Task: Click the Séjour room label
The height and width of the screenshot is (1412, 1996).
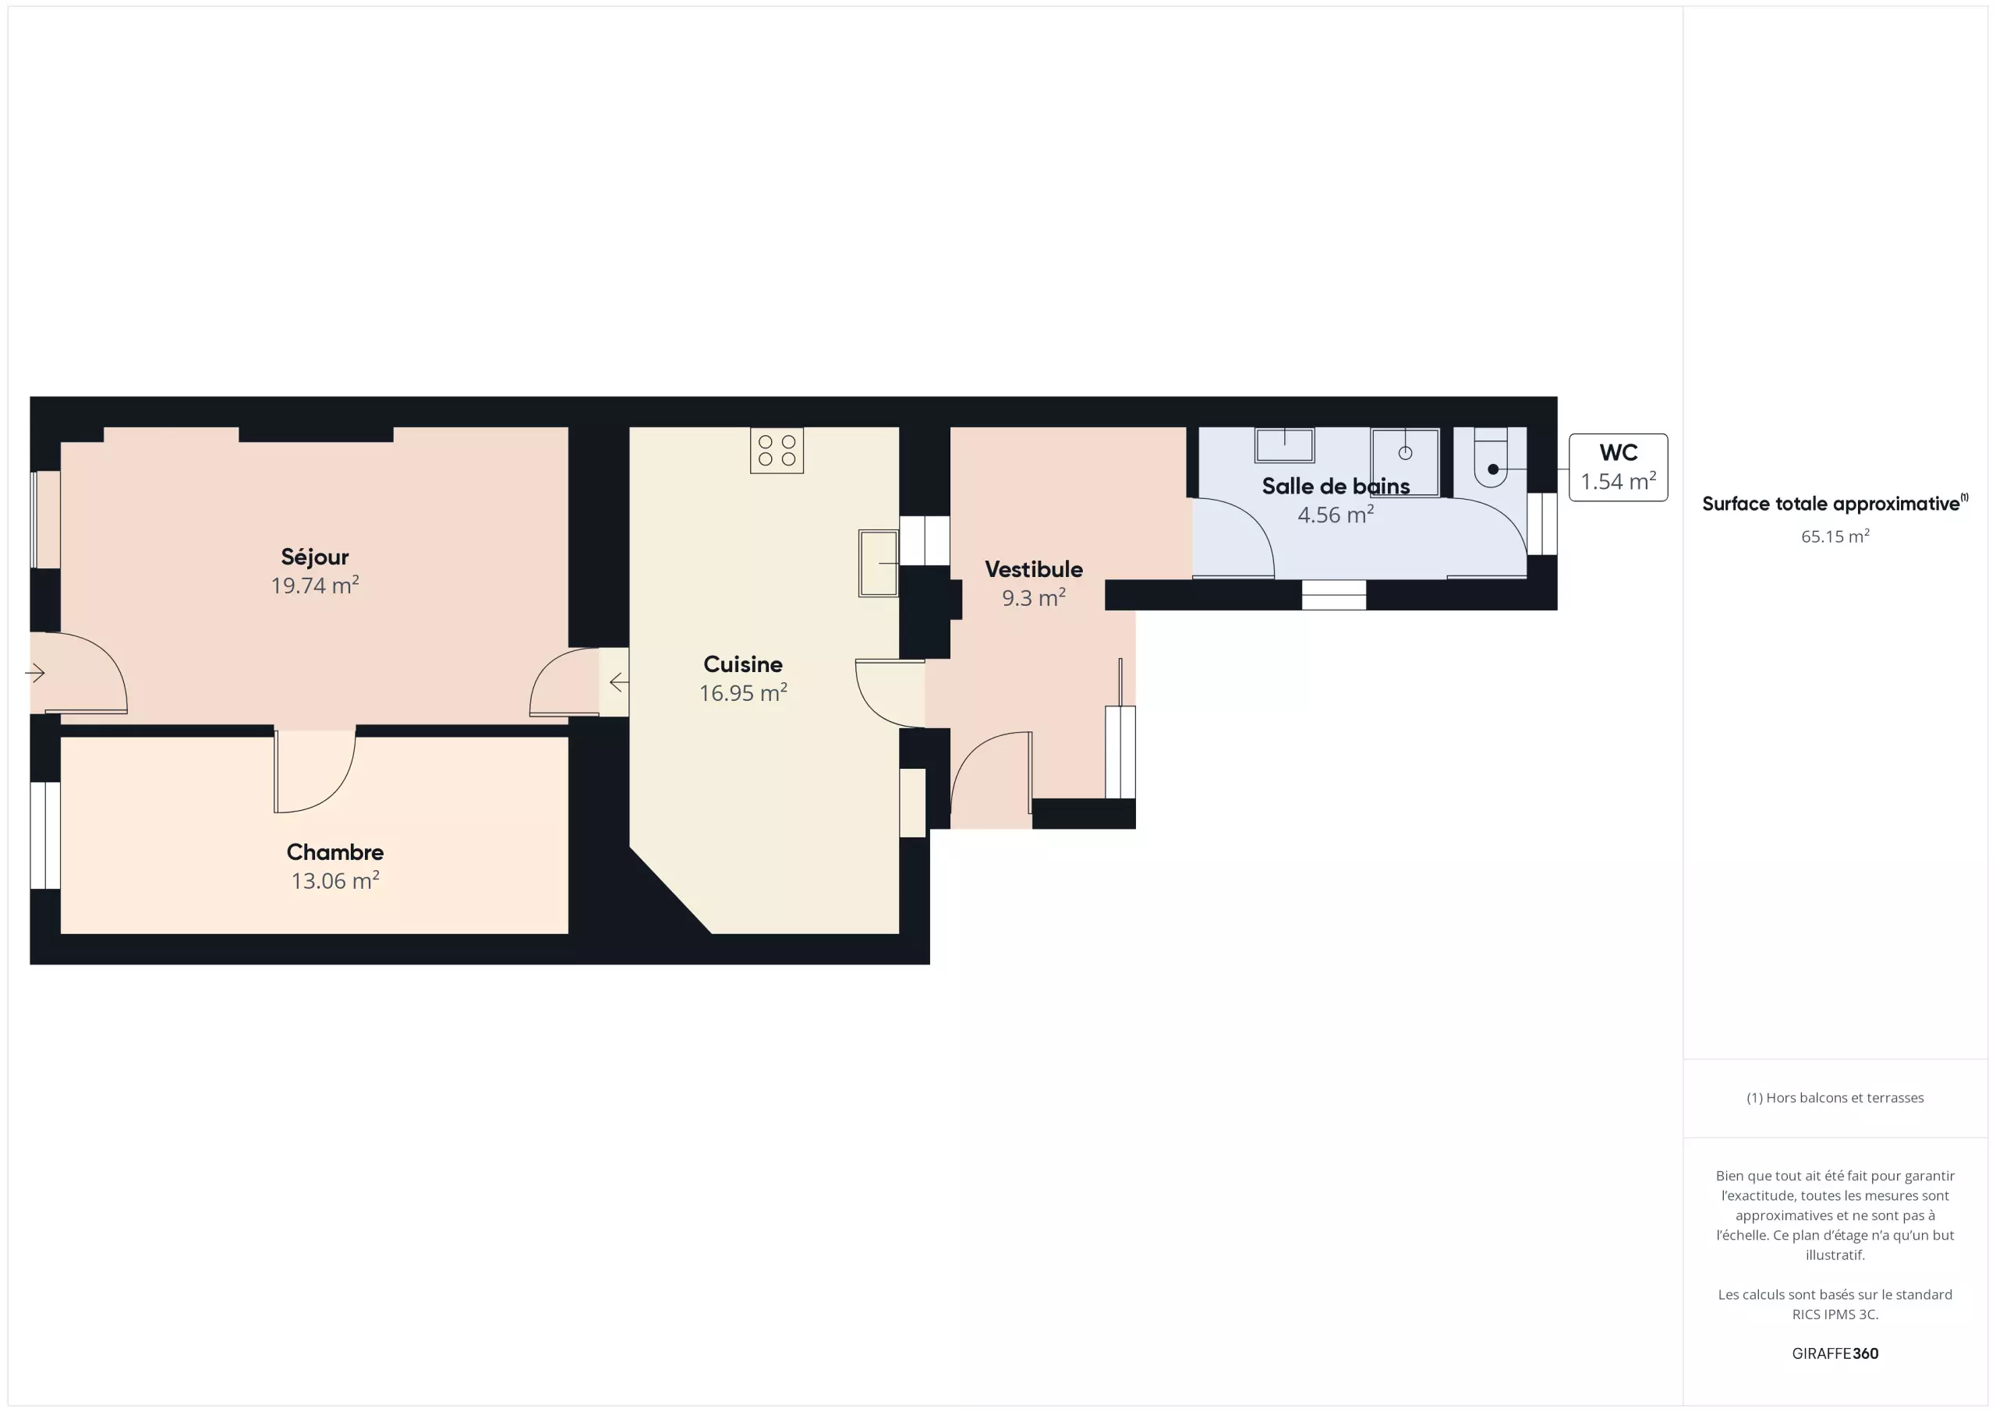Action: [x=315, y=557]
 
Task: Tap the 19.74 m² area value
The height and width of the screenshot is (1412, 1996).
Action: [x=315, y=585]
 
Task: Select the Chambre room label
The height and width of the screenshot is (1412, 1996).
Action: [x=334, y=852]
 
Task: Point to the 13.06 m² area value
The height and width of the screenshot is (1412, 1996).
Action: [x=334, y=881]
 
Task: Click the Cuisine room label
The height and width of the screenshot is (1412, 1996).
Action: [x=743, y=664]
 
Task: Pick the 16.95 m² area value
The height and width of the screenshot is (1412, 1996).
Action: [x=743, y=693]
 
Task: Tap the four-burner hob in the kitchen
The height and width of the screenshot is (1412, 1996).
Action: [x=777, y=451]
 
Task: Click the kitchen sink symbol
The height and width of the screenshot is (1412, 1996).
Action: [x=879, y=564]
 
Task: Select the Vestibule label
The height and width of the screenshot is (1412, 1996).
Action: [x=1034, y=569]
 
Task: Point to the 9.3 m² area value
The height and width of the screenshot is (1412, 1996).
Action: [x=1034, y=598]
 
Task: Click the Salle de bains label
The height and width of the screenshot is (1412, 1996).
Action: [x=1336, y=486]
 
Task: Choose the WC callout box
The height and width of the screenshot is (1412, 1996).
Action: [x=1618, y=468]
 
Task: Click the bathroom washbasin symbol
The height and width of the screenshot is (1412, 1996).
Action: [x=1285, y=445]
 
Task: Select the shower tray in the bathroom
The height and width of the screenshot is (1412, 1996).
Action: [x=1406, y=462]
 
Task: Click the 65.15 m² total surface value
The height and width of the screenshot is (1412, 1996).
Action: [x=1835, y=536]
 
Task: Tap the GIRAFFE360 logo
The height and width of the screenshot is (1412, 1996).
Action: [x=1835, y=1354]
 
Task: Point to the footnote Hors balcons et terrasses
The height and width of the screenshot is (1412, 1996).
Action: [x=1835, y=1098]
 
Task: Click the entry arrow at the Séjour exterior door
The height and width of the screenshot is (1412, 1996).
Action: [x=35, y=673]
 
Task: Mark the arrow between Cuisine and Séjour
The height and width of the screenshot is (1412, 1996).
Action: [x=619, y=682]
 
